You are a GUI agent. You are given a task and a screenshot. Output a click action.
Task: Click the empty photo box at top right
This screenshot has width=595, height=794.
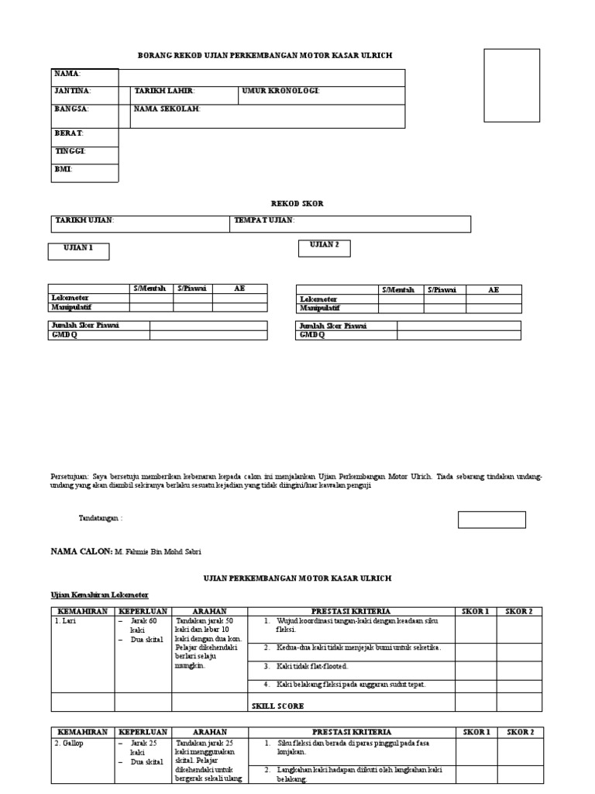click(x=512, y=85)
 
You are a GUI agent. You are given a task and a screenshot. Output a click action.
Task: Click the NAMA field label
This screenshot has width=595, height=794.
click(x=67, y=74)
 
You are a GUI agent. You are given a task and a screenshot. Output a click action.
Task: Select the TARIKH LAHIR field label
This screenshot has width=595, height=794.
click(x=164, y=91)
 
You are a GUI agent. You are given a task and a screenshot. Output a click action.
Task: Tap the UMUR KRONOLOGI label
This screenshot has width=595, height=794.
click(x=280, y=91)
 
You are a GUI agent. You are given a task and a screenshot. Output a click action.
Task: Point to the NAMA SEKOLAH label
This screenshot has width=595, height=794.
click(x=167, y=109)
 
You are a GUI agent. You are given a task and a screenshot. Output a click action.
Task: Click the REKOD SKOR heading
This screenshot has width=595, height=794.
click(x=297, y=203)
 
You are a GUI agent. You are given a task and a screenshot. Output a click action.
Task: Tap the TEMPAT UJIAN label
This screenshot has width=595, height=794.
click(x=264, y=221)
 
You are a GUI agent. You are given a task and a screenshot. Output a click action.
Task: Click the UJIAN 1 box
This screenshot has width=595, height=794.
click(x=79, y=250)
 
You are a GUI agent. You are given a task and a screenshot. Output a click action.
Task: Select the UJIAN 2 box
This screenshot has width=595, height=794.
click(x=325, y=247)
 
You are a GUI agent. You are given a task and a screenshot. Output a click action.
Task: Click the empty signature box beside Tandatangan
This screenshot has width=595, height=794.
click(x=491, y=520)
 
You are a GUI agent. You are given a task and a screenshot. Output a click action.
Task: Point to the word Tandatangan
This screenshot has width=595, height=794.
click(x=101, y=518)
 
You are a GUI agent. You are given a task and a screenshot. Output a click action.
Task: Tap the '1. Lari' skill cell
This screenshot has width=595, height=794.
click(x=66, y=622)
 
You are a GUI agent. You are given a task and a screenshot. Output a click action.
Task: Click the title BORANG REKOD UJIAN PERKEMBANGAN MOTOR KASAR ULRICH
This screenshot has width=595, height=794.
click(x=265, y=56)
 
